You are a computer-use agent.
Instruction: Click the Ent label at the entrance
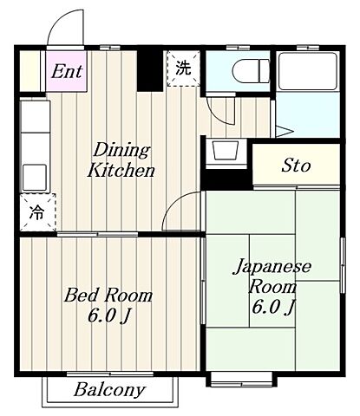pyautogui.click(x=67, y=71)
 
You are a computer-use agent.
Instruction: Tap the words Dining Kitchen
pyautogui.click(x=121, y=160)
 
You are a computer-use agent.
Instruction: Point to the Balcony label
pyautogui.click(x=109, y=389)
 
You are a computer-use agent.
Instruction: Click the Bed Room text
pyautogui.click(x=108, y=296)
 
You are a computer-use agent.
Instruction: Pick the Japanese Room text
pyautogui.click(x=272, y=276)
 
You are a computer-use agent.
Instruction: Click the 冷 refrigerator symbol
pyautogui.click(x=36, y=211)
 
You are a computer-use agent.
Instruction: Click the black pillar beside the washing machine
pyautogui.click(x=153, y=70)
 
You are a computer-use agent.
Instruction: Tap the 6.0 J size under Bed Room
pyautogui.click(x=108, y=316)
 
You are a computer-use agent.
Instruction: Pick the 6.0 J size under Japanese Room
pyautogui.click(x=272, y=307)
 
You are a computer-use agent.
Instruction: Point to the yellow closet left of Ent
pyautogui.click(x=29, y=69)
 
